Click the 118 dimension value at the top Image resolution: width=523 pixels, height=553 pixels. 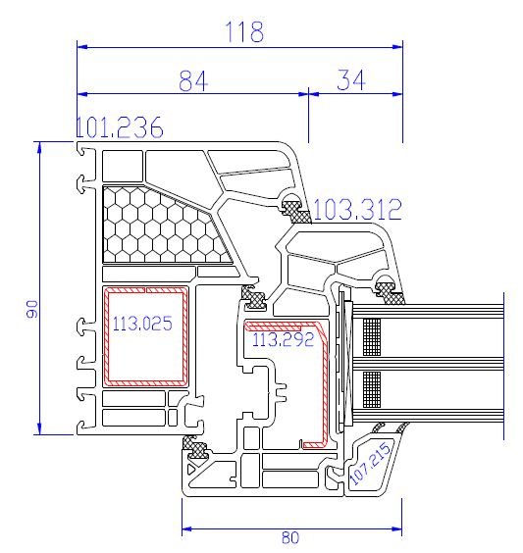(x=244, y=31)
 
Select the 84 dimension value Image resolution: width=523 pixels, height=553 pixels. (x=193, y=80)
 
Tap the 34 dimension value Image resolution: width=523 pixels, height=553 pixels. (x=350, y=79)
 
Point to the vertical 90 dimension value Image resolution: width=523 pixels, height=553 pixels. (x=32, y=309)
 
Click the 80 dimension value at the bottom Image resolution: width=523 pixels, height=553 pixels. (x=290, y=537)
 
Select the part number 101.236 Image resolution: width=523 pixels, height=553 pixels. (x=120, y=127)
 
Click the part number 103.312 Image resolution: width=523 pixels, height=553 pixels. (x=357, y=209)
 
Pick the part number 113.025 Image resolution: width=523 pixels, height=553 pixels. (x=142, y=324)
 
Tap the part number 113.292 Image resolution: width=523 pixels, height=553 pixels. (x=283, y=339)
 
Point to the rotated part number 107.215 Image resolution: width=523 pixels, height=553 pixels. (x=370, y=462)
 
